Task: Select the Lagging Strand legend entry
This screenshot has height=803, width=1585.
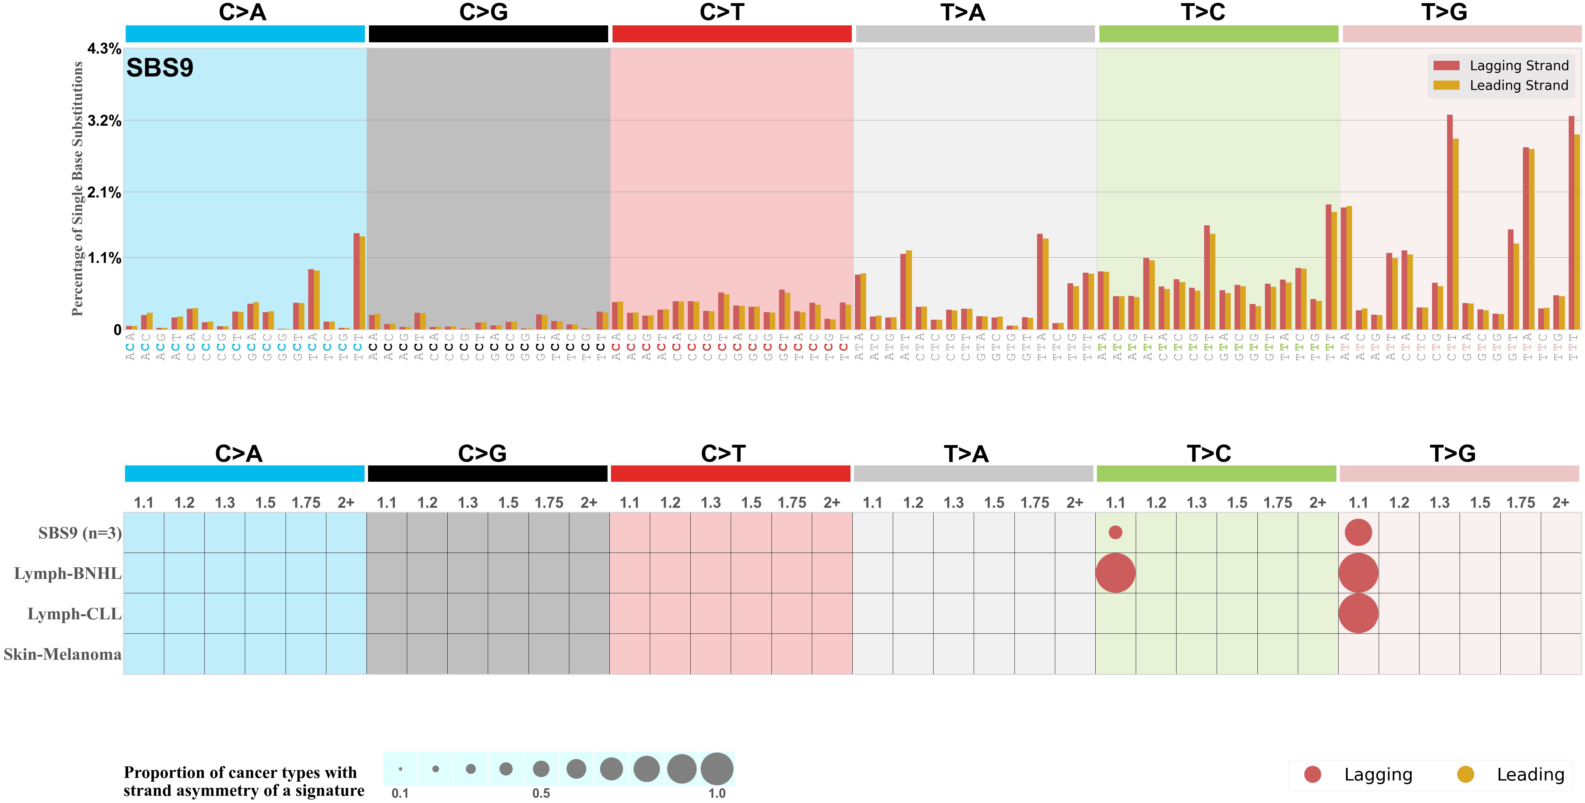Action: tap(1518, 66)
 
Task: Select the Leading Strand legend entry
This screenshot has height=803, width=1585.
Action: tap(1518, 86)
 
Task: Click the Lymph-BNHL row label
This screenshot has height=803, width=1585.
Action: tap(68, 574)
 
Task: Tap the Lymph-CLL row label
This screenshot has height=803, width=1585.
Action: tap(74, 614)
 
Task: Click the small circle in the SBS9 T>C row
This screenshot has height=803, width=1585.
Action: tap(1115, 532)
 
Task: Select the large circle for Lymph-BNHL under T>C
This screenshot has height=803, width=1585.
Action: tap(1115, 573)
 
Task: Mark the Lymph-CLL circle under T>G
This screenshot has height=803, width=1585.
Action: tap(1358, 613)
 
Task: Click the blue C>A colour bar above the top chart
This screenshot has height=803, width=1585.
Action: tap(245, 34)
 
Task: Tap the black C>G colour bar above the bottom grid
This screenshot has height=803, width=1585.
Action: tap(487, 474)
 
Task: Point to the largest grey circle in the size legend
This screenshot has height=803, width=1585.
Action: tap(717, 769)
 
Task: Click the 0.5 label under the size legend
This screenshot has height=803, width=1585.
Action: tap(541, 793)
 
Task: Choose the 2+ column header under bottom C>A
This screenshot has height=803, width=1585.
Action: tap(346, 503)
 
